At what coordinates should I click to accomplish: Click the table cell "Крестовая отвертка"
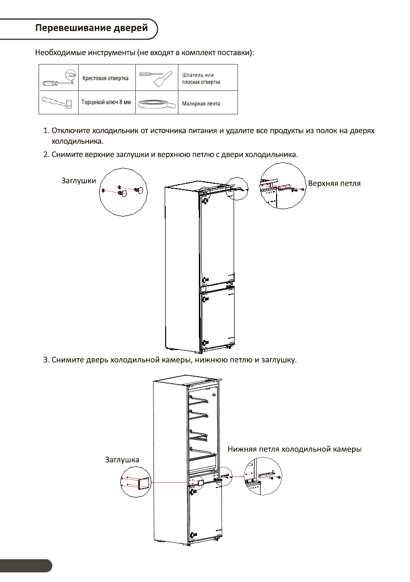coord(105,78)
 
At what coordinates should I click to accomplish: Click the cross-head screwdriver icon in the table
coord(59,78)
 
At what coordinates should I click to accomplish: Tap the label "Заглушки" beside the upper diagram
coord(78,180)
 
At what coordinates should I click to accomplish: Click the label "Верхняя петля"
coord(334,183)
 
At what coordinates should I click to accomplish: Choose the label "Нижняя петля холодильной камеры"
coord(294,449)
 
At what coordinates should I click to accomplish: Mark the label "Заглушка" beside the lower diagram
coord(122,460)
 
